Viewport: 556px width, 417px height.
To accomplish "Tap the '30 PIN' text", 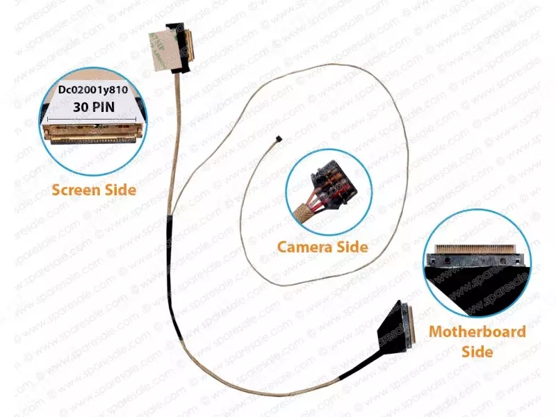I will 95,107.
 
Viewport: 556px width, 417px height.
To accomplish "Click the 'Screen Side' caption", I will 95,189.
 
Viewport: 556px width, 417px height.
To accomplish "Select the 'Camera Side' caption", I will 322,246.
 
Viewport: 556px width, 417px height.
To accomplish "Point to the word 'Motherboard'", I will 477,331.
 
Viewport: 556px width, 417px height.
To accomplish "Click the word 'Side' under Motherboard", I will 477,351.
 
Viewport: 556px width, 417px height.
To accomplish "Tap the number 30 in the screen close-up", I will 80,107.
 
